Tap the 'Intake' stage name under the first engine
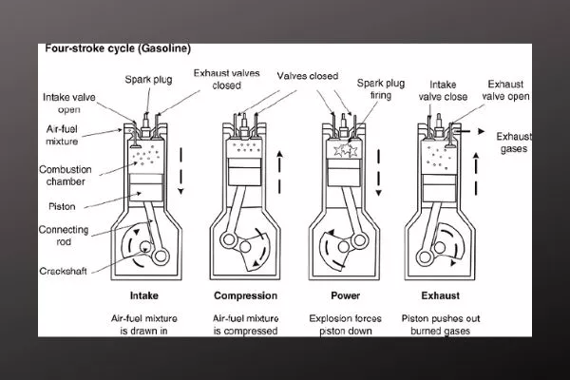[x=142, y=294]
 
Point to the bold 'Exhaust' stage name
[x=440, y=294]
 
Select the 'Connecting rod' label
[x=65, y=236]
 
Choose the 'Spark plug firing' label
[x=378, y=89]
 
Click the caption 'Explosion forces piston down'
[x=344, y=323]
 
